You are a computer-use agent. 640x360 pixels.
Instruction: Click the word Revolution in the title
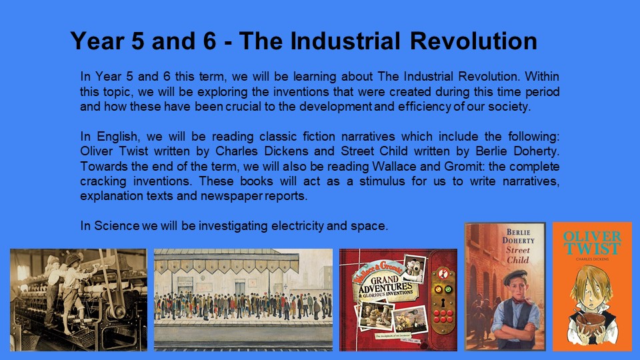(x=473, y=41)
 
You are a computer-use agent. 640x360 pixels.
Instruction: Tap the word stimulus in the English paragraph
(x=382, y=181)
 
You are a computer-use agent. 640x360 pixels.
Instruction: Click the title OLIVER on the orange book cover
(x=592, y=236)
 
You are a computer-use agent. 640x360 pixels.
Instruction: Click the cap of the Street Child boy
(x=515, y=277)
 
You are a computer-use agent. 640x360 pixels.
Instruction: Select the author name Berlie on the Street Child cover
(x=519, y=232)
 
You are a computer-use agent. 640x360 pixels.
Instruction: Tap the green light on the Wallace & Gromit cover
(x=448, y=290)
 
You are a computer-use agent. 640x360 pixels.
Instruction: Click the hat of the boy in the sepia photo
(x=73, y=259)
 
